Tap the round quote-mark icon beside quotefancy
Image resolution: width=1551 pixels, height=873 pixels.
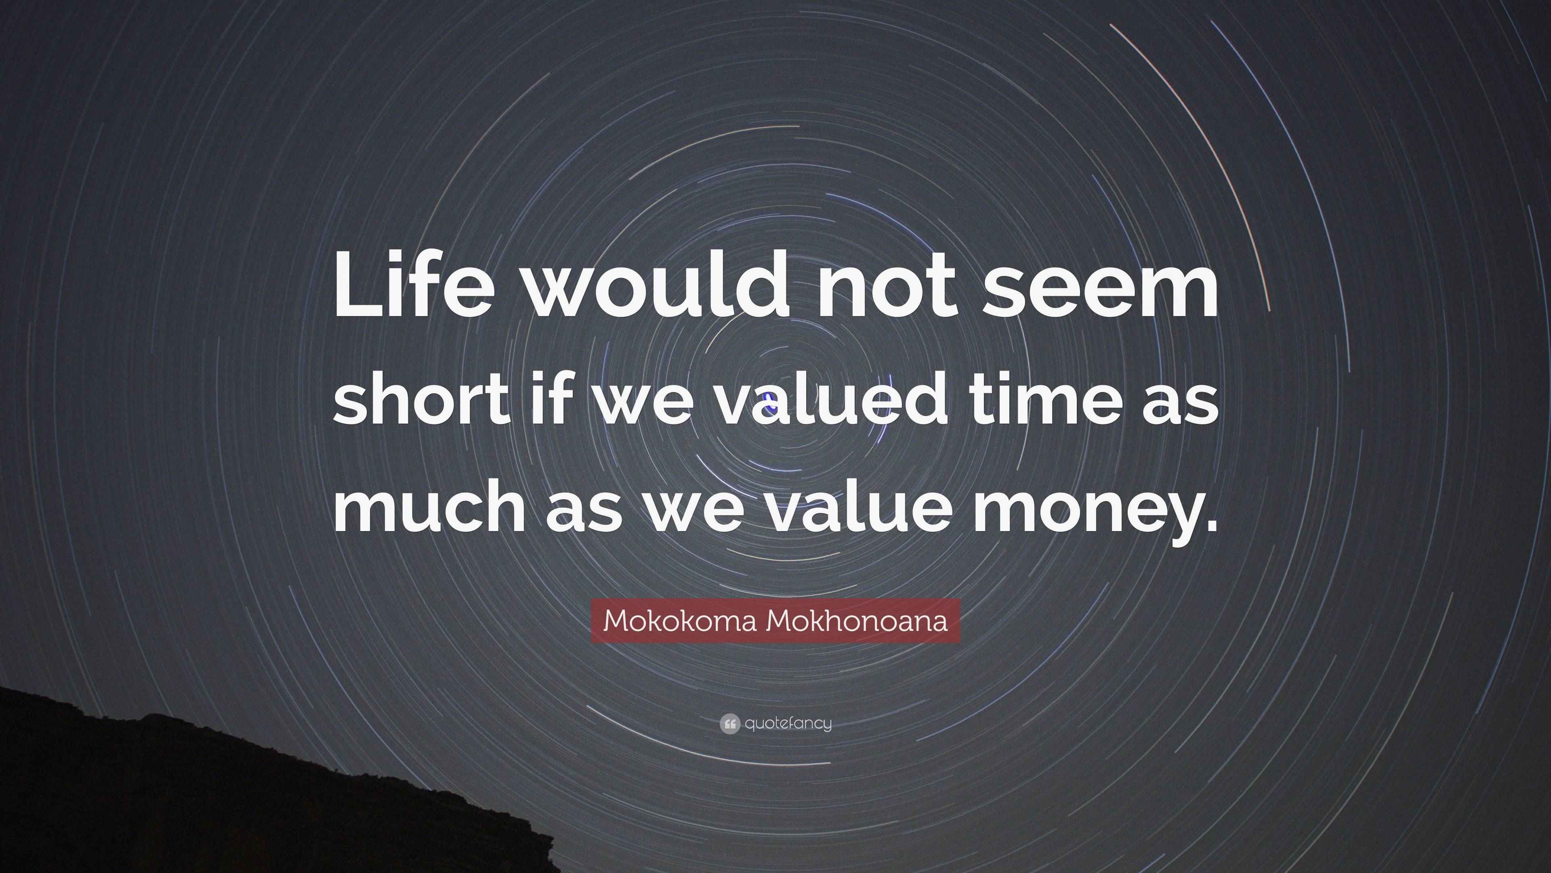[x=729, y=723]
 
